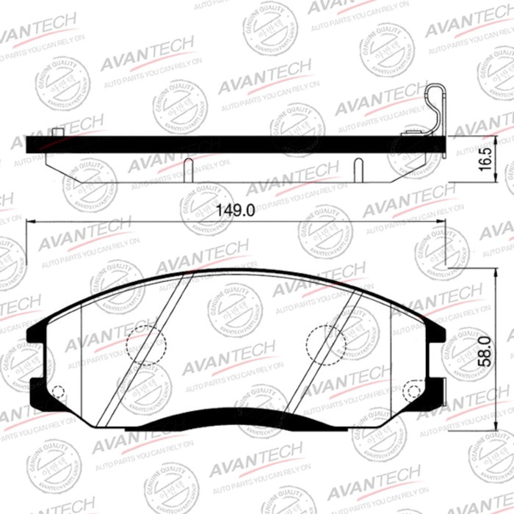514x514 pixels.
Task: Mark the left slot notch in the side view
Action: click(189, 167)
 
